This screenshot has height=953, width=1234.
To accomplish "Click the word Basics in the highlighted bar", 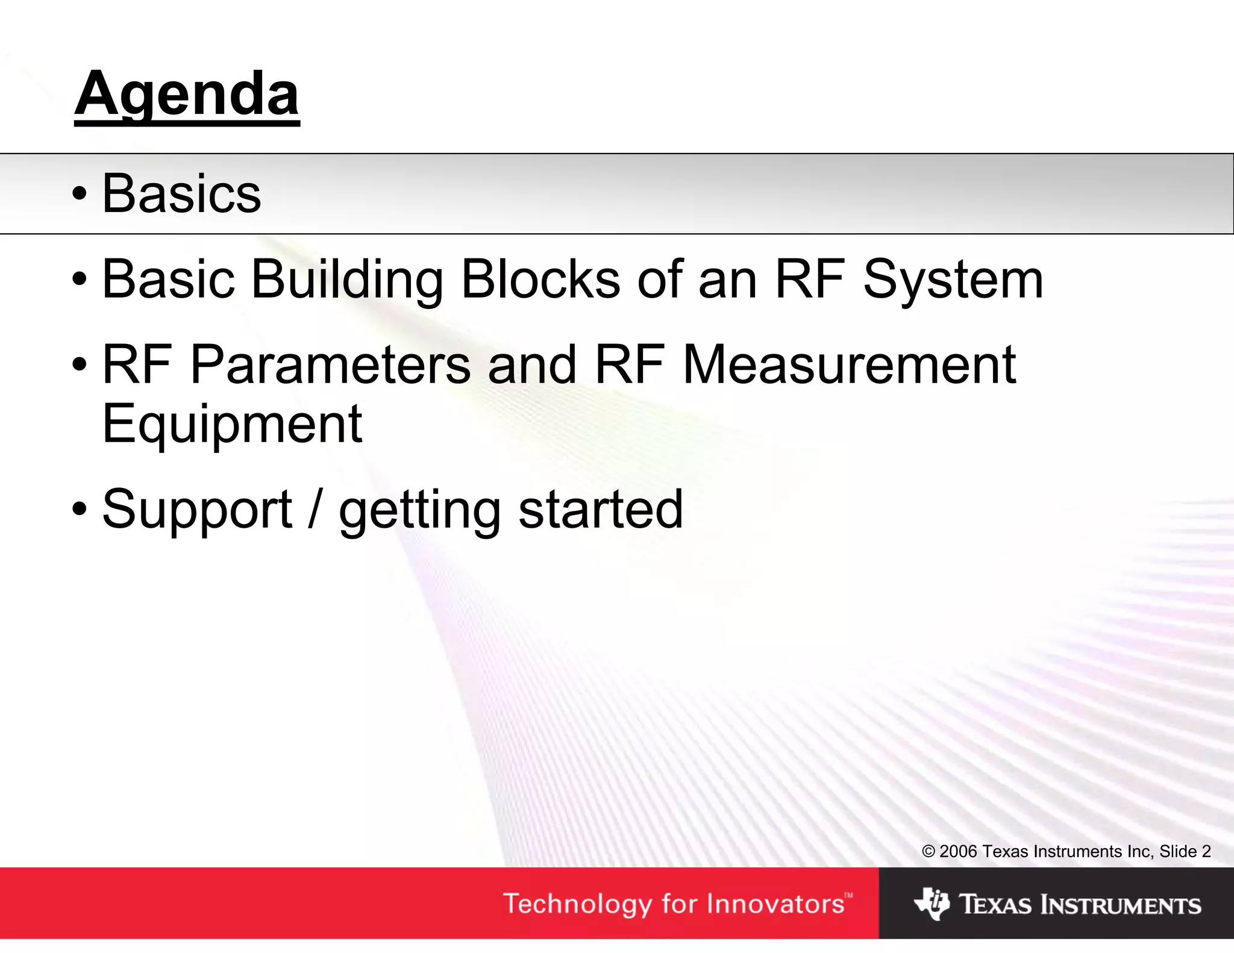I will click(x=181, y=194).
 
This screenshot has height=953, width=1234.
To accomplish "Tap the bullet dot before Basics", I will click(x=80, y=195).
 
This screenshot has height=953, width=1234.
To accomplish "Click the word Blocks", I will click(x=540, y=280).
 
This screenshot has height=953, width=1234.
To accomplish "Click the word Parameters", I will click(x=330, y=365).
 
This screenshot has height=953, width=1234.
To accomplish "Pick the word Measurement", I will click(x=849, y=365).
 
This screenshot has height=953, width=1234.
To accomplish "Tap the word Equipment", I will click(x=232, y=425).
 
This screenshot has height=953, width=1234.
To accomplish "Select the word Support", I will click(x=197, y=511).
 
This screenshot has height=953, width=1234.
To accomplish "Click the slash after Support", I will click(x=315, y=510).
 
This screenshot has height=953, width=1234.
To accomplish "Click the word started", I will click(x=600, y=510).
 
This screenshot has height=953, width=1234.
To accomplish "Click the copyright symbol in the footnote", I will click(x=928, y=851).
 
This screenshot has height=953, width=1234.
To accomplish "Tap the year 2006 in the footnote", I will click(x=958, y=851).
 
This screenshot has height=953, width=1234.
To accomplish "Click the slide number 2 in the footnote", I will click(x=1206, y=851).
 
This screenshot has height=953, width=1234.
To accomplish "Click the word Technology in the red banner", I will click(x=578, y=904).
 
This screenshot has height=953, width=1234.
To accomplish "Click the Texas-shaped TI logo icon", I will click(x=932, y=904).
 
